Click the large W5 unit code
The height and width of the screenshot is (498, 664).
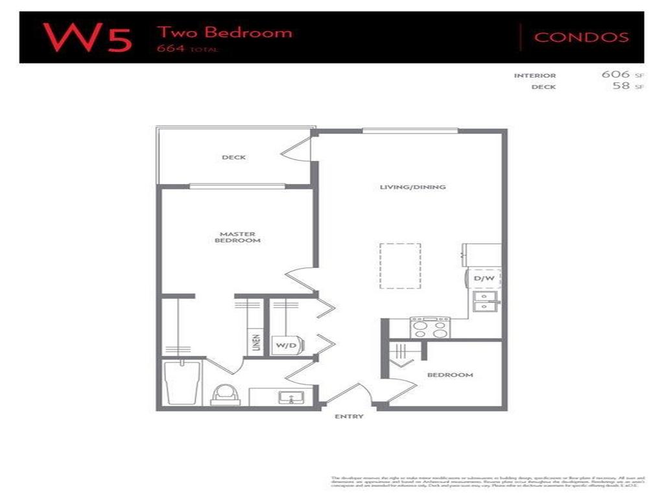[88, 37]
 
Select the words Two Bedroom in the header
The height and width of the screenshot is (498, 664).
[224, 32]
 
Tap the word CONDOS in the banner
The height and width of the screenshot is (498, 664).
[581, 37]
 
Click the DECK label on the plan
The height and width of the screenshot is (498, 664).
[233, 158]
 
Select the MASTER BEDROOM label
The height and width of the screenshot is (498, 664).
[237, 237]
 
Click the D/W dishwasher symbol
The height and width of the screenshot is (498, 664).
[484, 279]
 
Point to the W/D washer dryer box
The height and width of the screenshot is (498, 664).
[286, 345]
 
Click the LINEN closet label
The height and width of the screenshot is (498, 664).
[257, 342]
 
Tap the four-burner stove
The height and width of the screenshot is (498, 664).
[430, 328]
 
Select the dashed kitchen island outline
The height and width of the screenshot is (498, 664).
[400, 266]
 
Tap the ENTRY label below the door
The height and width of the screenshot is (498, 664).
[349, 416]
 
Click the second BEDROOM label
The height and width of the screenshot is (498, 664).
[449, 375]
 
